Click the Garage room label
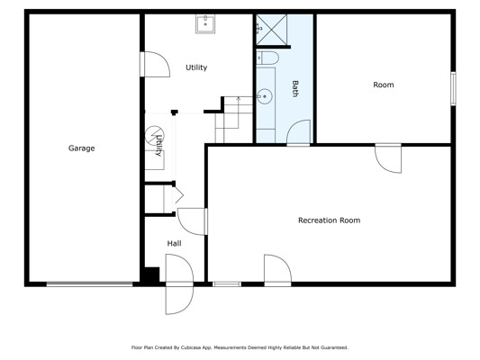(x=81, y=148)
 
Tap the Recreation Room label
(x=329, y=220)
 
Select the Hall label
(x=174, y=244)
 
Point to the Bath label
(x=294, y=89)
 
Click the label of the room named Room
(x=384, y=85)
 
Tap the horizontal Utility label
(x=196, y=67)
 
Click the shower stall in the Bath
(x=272, y=30)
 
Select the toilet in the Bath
(x=267, y=58)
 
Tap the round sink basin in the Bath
(x=264, y=96)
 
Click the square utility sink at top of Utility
(x=205, y=23)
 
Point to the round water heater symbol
(x=154, y=135)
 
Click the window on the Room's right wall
(x=453, y=89)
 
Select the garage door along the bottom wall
(x=90, y=284)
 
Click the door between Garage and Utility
(x=155, y=64)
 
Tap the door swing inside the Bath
(x=298, y=132)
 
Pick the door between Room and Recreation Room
(x=388, y=158)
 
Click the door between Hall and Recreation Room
(x=192, y=221)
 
